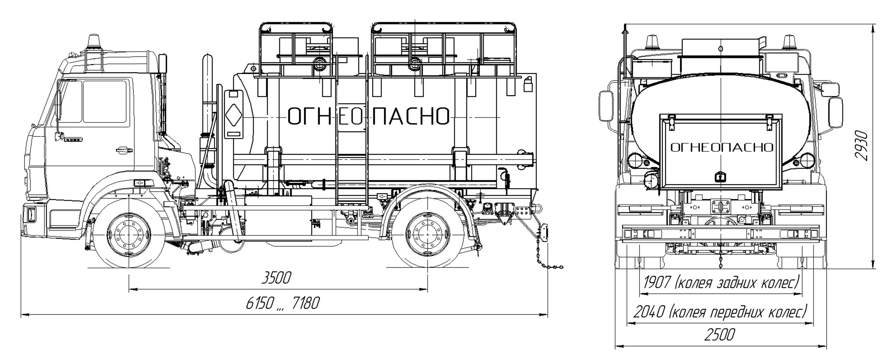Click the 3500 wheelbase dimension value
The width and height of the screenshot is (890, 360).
[276, 278]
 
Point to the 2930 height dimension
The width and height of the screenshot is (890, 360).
[861, 145]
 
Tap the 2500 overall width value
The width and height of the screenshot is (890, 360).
[719, 335]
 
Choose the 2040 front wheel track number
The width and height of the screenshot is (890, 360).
[649, 312]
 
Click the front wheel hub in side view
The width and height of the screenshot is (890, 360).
[128, 235]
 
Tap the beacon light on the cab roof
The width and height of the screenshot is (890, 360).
[93, 42]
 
